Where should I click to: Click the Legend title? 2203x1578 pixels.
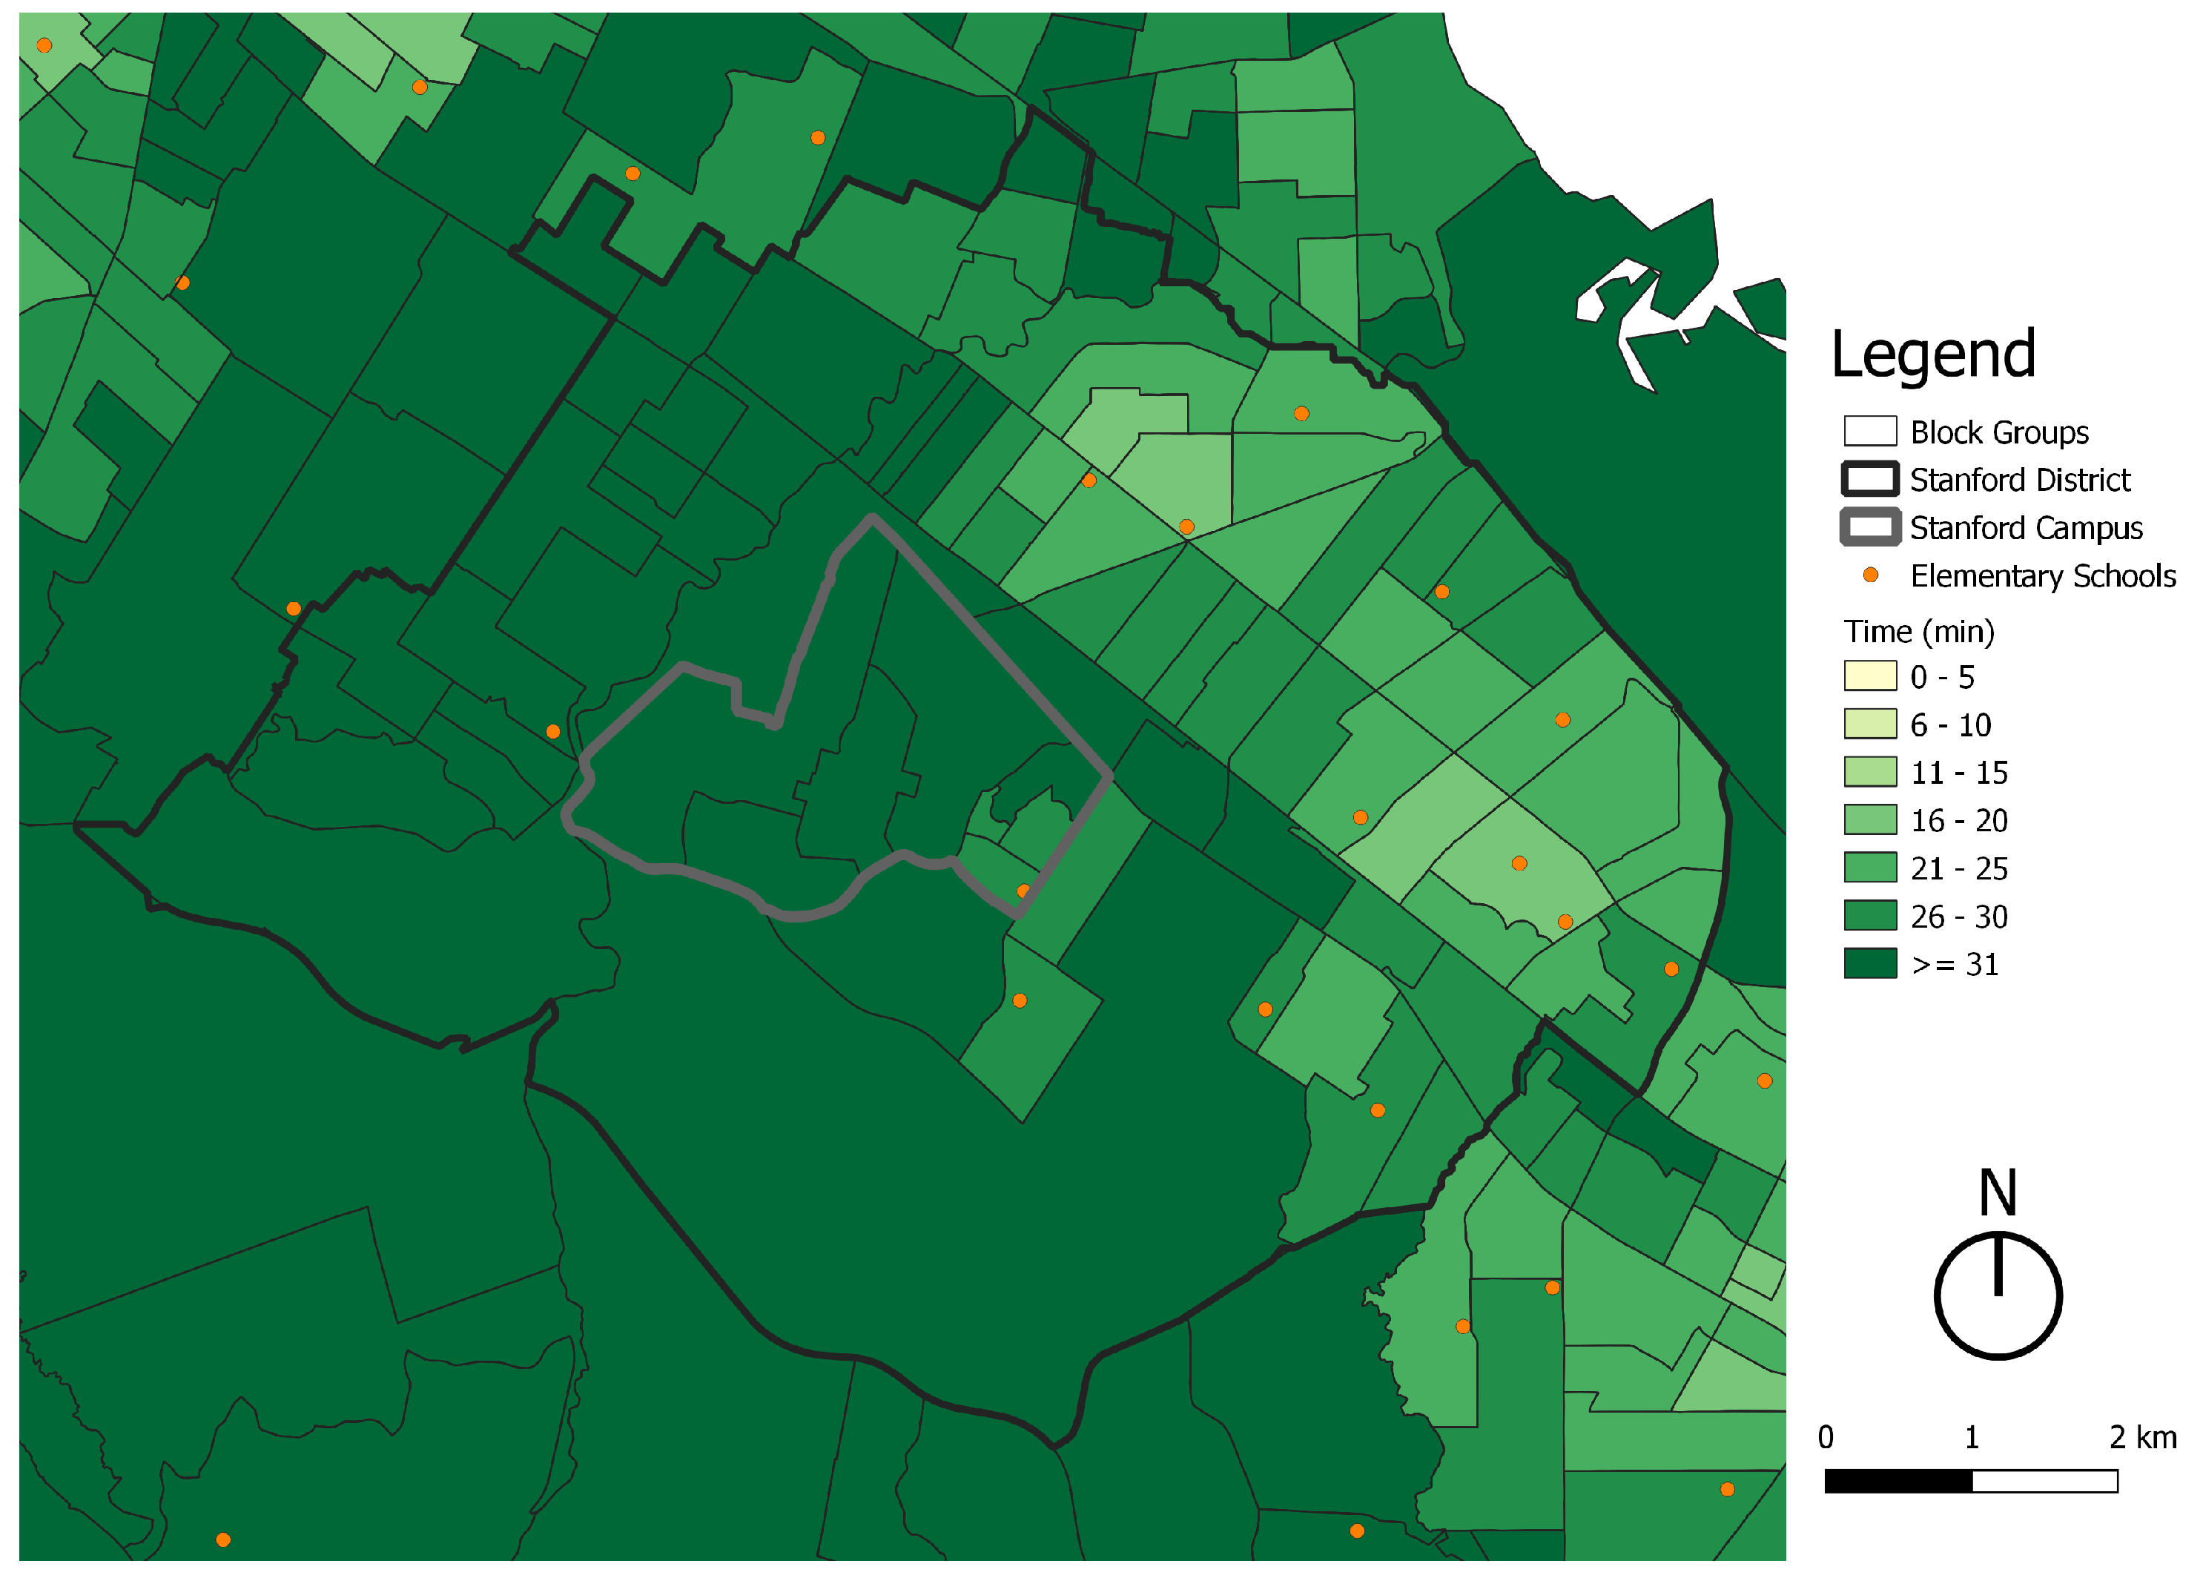pos(1932,354)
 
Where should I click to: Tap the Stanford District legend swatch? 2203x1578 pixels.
pos(1870,479)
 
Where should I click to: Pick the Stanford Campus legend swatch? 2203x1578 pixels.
pos(1870,526)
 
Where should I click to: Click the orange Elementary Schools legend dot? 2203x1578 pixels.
pos(1870,575)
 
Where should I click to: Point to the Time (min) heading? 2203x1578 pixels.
pos(1918,632)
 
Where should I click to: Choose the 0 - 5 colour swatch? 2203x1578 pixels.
pos(1870,676)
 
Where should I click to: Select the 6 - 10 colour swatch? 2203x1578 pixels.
pos(1870,724)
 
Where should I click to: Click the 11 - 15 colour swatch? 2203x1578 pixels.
pos(1870,771)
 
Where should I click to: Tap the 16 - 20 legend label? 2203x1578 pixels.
pos(1958,820)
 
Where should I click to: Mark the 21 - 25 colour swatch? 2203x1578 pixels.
pos(1870,868)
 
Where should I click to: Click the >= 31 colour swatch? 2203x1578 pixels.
pos(1870,963)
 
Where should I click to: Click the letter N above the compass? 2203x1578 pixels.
pos(1998,1192)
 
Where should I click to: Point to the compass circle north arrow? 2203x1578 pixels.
pos(1998,1295)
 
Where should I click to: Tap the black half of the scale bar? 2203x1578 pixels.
pos(1898,1481)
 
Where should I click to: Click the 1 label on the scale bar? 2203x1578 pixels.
pos(1972,1437)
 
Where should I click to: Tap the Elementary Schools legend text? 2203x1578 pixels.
pos(2043,576)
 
